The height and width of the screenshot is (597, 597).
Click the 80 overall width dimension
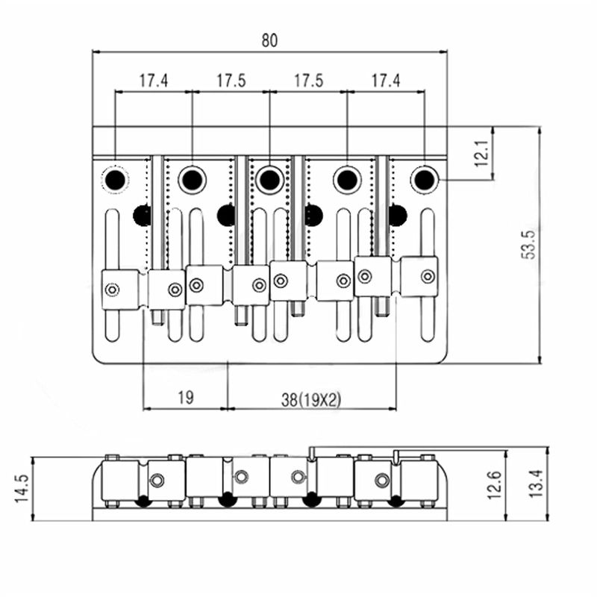click(x=269, y=41)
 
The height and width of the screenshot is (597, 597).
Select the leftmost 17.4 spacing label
click(x=153, y=81)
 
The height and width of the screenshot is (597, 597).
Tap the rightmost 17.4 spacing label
click(x=386, y=81)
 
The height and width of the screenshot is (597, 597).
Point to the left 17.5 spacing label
click(x=231, y=81)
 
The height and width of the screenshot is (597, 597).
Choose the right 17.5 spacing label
click(x=308, y=81)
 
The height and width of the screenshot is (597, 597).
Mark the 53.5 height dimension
click(x=528, y=243)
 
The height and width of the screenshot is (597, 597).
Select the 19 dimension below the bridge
click(x=186, y=398)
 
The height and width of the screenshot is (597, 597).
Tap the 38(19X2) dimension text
click(x=311, y=399)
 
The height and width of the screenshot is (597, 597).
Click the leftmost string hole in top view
click(x=115, y=179)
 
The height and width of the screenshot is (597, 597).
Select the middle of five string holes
click(x=269, y=179)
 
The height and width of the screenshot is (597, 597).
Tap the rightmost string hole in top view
click(x=424, y=179)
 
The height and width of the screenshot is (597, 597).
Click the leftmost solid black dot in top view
click(x=142, y=215)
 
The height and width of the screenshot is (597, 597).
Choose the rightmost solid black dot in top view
click(x=398, y=215)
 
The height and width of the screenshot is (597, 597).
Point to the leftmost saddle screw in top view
click(x=112, y=290)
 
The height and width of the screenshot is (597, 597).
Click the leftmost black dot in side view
click(x=142, y=501)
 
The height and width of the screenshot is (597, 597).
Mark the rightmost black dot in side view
click(x=395, y=501)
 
